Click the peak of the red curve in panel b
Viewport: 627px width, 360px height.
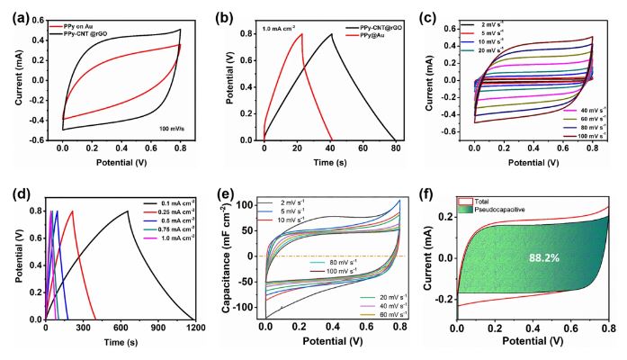pos(301,34)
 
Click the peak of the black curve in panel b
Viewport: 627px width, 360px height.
pos(332,34)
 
